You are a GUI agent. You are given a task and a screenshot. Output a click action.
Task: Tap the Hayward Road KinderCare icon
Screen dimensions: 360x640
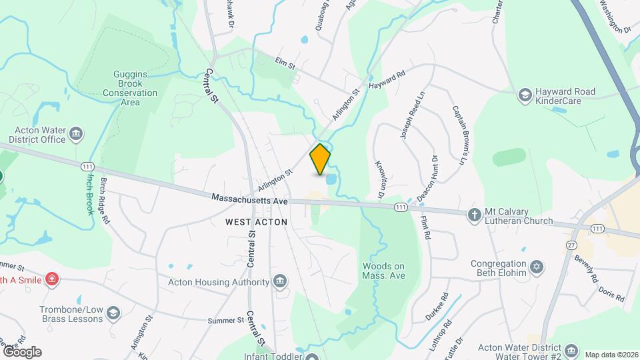(525, 95)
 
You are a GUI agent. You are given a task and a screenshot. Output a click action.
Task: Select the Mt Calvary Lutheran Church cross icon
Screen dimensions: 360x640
(474, 215)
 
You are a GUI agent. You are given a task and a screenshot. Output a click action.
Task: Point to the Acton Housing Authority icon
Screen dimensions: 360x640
(281, 281)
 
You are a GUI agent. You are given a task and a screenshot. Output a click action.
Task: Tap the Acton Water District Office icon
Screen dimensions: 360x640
(76, 135)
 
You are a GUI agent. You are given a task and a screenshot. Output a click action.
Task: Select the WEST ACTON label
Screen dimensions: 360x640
(256, 222)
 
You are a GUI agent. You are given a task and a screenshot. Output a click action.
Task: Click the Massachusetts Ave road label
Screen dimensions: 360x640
(249, 199)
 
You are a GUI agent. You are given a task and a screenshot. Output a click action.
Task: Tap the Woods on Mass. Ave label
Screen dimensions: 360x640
(383, 271)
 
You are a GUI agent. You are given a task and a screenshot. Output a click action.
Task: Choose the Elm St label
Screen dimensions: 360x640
(285, 63)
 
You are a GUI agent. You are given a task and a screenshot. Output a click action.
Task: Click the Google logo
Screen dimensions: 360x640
(21, 351)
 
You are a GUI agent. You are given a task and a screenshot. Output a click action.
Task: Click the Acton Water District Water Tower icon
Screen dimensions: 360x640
(571, 350)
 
